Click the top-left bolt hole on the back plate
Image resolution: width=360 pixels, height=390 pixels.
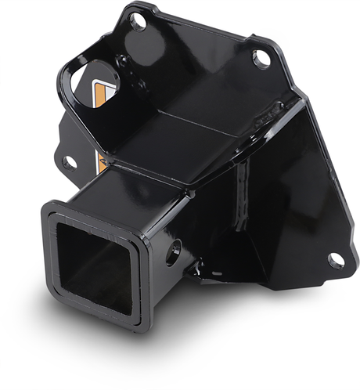139,22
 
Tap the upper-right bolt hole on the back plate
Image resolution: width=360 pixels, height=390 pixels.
262,59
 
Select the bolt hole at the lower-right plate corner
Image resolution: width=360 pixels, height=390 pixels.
336,259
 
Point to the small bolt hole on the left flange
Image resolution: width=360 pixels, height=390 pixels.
70,162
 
